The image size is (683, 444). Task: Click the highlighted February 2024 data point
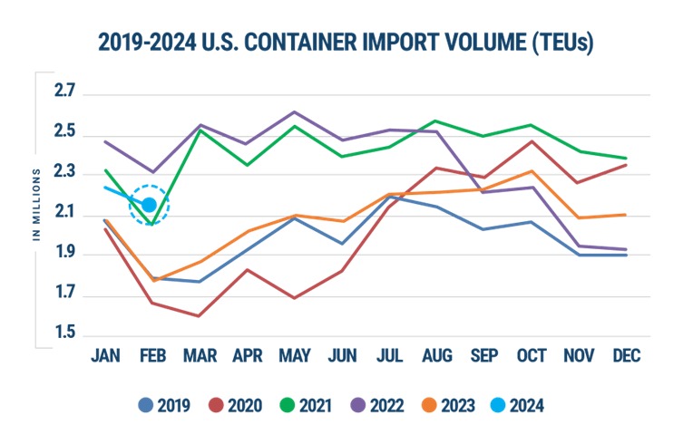coord(149,205)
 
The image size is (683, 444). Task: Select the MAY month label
coord(294,356)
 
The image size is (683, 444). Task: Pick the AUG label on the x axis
coord(436,356)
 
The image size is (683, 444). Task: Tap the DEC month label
coord(625,356)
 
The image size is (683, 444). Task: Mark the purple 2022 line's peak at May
coord(294,112)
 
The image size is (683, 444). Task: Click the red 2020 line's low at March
coord(199,315)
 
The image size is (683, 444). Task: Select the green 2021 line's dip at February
coord(151,224)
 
